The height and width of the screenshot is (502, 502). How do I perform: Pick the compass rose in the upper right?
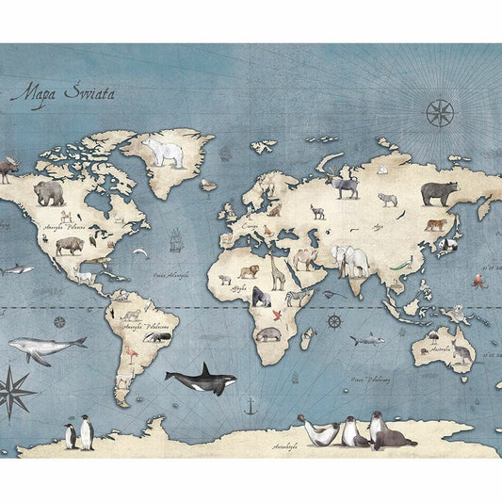439,113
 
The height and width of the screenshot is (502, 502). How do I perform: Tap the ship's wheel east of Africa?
333,322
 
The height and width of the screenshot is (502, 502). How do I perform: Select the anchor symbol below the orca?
250,407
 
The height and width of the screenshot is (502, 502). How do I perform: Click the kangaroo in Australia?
462,353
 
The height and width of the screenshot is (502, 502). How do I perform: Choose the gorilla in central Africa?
260,298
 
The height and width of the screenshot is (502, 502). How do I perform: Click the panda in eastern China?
450,245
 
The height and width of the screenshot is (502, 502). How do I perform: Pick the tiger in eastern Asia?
436,224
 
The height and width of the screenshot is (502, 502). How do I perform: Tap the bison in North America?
69,246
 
